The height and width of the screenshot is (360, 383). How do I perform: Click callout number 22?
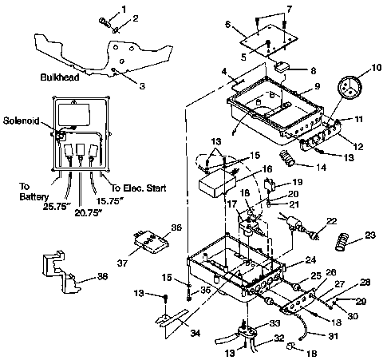332,220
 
